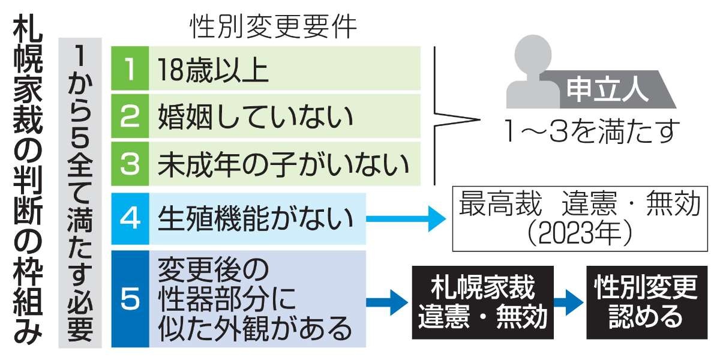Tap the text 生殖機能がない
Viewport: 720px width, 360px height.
pyautogui.click(x=255, y=219)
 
